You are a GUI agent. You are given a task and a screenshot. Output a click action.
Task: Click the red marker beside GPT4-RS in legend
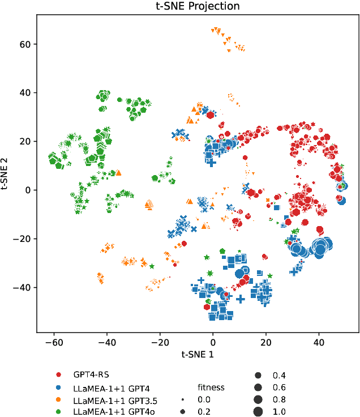point(59,375)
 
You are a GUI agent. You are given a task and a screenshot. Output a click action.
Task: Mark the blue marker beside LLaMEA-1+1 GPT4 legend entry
point(59,388)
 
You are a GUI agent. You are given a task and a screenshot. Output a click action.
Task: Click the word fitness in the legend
point(211,388)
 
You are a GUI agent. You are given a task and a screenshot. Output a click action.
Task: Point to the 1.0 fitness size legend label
point(279,412)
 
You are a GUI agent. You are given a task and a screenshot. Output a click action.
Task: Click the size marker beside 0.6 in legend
point(258,388)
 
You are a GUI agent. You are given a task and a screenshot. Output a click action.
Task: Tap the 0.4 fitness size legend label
point(279,375)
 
